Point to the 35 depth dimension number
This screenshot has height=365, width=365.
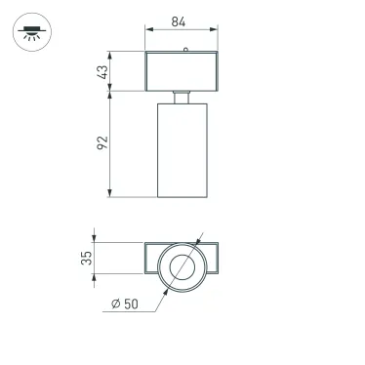[86, 259]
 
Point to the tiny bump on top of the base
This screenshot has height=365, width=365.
[183, 48]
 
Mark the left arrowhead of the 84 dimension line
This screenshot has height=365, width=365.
[147, 30]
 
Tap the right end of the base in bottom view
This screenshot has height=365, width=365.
[217, 260]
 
